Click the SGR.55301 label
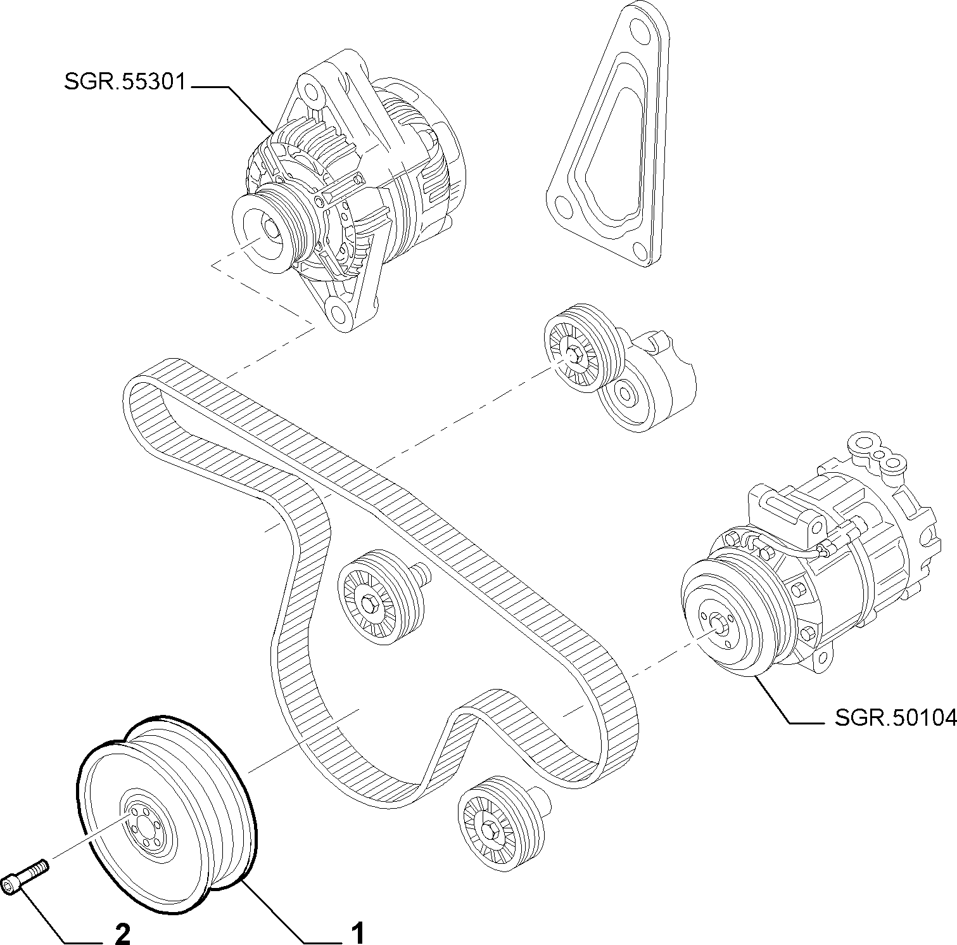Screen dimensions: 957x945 click(x=125, y=82)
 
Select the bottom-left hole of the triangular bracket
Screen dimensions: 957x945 click(x=561, y=203)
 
